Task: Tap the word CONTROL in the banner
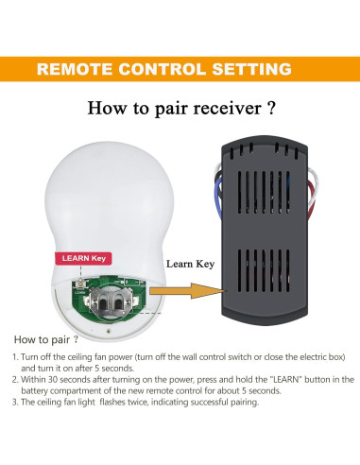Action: pyautogui.click(x=165, y=69)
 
